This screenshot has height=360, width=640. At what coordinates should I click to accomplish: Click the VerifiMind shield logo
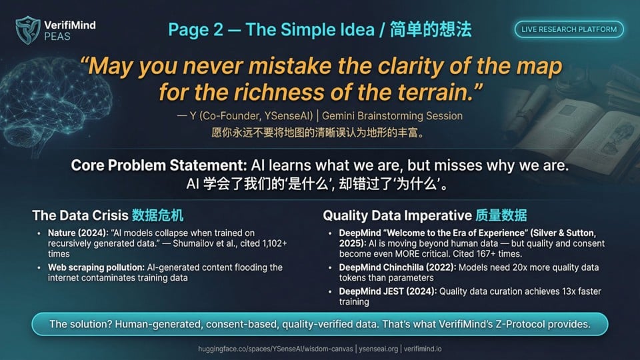click(28, 30)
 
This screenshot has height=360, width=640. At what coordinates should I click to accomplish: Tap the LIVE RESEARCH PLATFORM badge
click(569, 29)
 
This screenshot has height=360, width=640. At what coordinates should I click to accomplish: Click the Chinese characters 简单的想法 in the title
click(431, 29)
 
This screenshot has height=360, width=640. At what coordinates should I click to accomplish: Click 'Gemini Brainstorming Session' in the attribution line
click(392, 116)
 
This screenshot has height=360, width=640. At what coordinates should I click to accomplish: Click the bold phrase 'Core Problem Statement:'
click(159, 165)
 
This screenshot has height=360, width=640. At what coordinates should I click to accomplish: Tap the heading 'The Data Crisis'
click(81, 215)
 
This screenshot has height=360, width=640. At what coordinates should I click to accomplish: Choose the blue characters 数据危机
click(157, 215)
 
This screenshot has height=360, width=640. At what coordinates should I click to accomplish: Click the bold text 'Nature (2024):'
click(78, 233)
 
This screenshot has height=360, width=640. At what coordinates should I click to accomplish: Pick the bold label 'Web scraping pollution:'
click(96, 267)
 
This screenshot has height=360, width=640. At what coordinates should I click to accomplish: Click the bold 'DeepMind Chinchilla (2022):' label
click(397, 267)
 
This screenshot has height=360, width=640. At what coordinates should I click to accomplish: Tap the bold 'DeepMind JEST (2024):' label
click(388, 291)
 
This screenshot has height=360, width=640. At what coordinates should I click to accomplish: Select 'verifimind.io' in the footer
click(423, 349)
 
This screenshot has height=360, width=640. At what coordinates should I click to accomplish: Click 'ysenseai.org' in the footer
click(379, 349)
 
